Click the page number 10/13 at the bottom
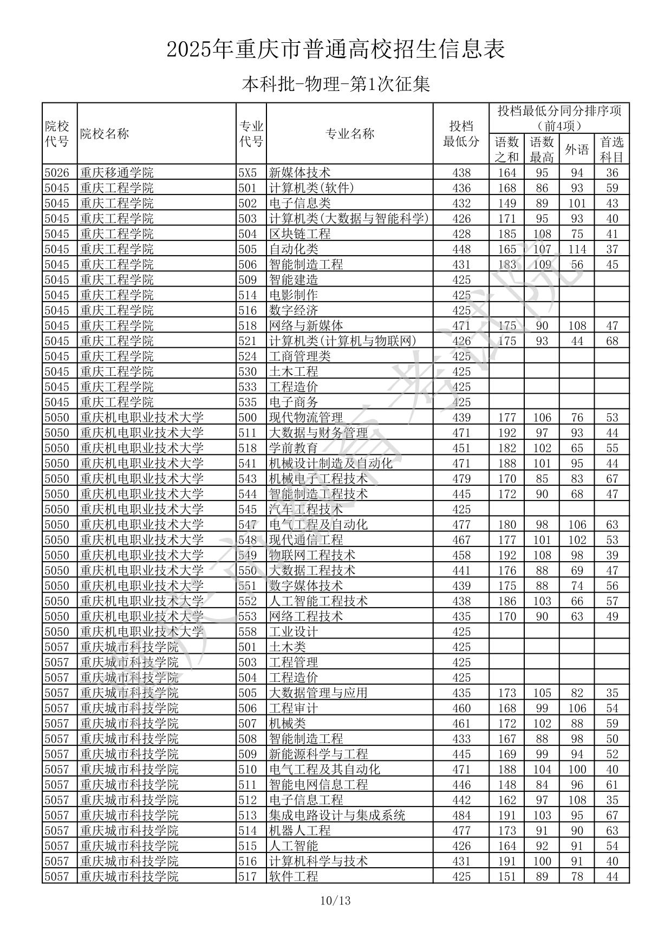pos(335,901)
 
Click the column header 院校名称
pos(105,134)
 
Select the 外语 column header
pos(577,149)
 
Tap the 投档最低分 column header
pos(461,134)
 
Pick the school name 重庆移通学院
pos(117,173)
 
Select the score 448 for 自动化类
pos(461,249)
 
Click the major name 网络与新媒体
pos(306,326)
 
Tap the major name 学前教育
pos(294,448)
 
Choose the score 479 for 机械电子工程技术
pos(461,479)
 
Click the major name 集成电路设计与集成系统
pos(337,815)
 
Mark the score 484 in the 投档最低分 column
pos(461,815)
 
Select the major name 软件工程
pos(294,876)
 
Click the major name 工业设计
pos(294,632)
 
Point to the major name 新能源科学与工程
pos(318,754)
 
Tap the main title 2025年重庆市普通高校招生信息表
pos(336,50)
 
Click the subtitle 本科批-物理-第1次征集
pos(336,84)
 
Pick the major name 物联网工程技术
pos(312,555)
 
